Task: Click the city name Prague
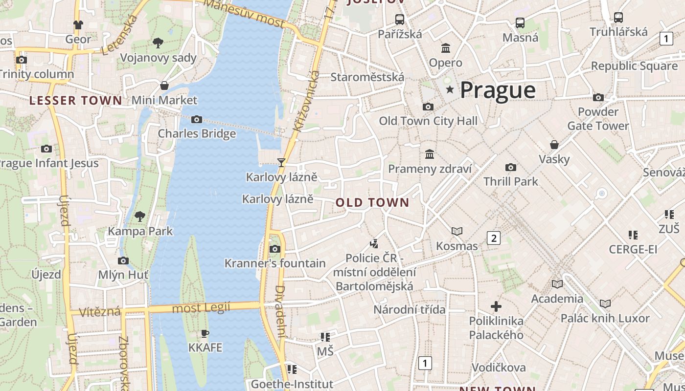point(498,90)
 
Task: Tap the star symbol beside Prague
point(450,89)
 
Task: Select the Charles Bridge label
point(197,133)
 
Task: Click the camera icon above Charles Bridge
point(197,119)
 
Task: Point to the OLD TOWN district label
point(372,203)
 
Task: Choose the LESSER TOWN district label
point(75,101)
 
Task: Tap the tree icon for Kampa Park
point(140,216)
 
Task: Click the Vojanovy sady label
point(158,58)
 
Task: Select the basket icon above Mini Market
point(164,86)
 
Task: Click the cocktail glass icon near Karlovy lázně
point(281,162)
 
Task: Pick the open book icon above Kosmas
point(457,231)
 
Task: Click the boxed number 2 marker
point(494,238)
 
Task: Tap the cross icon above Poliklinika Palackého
point(496,306)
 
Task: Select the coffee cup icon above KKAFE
point(205,334)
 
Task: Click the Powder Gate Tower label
point(598,119)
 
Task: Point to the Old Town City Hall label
point(428,121)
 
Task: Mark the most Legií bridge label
point(201,308)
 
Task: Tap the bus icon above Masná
point(520,22)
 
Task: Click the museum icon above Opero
point(446,48)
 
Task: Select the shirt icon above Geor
point(78,24)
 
